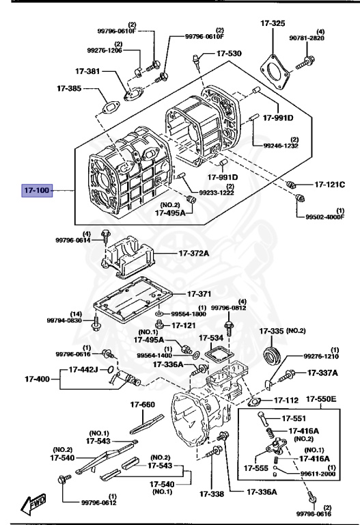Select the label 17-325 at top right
pos(273,24)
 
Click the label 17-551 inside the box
pos(295,418)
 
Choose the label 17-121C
pos(330,185)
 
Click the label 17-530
pos(229,53)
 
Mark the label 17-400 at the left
pos(38,378)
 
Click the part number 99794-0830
pos(64,320)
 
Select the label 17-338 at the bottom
pos(212,494)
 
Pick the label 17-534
pos(211,337)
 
